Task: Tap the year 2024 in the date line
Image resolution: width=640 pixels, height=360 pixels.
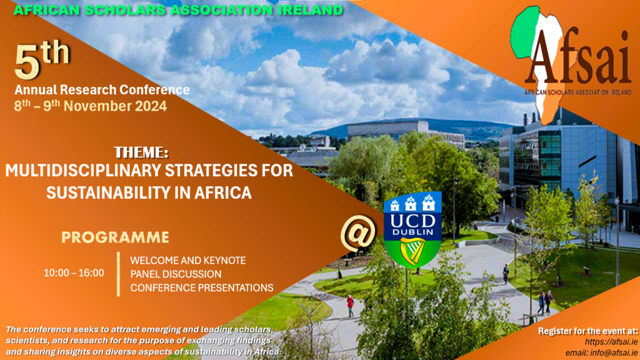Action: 151,106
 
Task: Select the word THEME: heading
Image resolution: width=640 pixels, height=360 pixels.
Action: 141,152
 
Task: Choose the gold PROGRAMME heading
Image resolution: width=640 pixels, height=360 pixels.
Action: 115,237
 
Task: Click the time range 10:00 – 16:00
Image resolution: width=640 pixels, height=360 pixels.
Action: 74,273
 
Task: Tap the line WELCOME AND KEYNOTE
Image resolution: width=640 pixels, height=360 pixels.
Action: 188,261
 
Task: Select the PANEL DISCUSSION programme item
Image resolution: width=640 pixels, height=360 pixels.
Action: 176,274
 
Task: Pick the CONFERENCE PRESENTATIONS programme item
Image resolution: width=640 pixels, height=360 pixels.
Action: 202,287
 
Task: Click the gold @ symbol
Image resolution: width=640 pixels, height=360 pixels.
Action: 358,232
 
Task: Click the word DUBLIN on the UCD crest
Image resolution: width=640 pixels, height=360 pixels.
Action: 412,232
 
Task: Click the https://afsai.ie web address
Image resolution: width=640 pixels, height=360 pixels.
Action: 611,342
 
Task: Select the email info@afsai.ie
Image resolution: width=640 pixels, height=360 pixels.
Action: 601,352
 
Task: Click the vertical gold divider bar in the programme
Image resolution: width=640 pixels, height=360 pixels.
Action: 118,274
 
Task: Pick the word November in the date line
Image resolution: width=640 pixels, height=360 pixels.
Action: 97,106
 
